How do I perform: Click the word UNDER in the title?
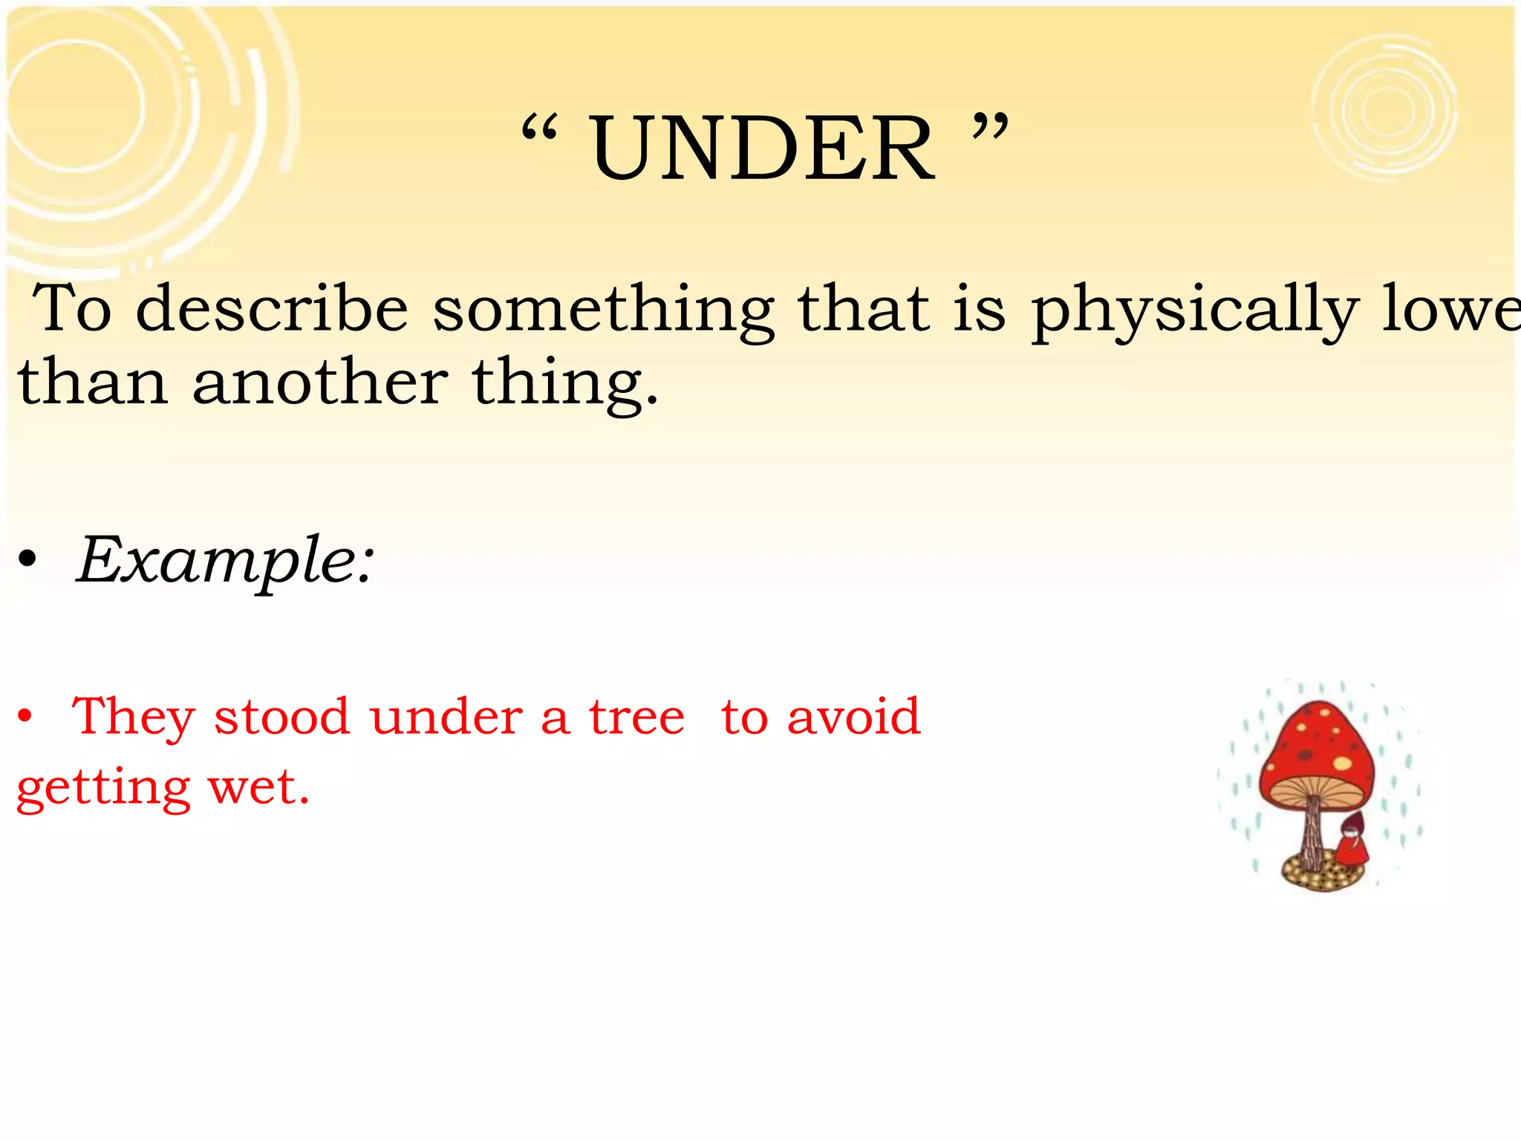click(762, 149)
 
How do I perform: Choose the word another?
click(319, 382)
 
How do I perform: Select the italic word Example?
click(226, 561)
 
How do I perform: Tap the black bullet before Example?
click(27, 561)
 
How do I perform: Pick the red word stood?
click(281, 717)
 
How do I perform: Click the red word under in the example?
click(446, 717)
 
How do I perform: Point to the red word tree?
click(636, 717)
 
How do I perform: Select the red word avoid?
click(853, 717)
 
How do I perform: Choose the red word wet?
click(258, 787)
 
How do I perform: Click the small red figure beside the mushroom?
click(1352, 839)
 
